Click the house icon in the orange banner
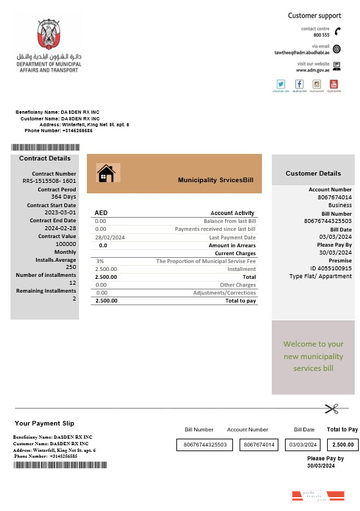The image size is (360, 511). coord(106,174)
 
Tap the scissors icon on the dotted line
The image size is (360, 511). coord(330,408)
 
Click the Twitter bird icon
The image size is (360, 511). coord(281,84)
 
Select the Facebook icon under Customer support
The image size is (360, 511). coord(299,84)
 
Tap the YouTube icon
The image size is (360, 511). coord(334,84)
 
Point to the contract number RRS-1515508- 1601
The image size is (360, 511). coord(49,180)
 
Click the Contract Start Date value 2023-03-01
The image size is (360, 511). coord(61,212)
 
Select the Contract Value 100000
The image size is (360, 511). coord(66,244)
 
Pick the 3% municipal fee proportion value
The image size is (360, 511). coord(99,261)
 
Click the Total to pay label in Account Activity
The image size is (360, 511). coord(240,301)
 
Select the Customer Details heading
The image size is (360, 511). coord(313,174)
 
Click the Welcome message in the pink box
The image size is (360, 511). coord(313,356)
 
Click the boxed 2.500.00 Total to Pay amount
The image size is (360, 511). coord(342,445)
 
